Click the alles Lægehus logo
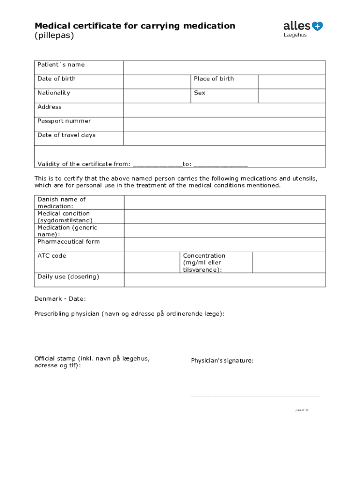pyautogui.click(x=302, y=29)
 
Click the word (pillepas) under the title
pyautogui.click(x=54, y=36)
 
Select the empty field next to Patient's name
pyautogui.click(x=224, y=68)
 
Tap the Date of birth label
pyautogui.click(x=57, y=79)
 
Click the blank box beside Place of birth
pyautogui.click(x=292, y=82)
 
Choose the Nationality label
pyautogui.click(x=54, y=93)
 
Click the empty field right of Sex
pyautogui.click(x=292, y=96)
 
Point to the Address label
pyautogui.click(x=50, y=107)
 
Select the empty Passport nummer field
pyautogui.click(x=224, y=124)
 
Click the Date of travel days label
pyautogui.click(x=66, y=135)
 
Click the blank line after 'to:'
pyautogui.click(x=220, y=165)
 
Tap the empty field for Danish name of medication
pyautogui.click(x=224, y=203)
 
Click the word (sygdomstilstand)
pyautogui.click(x=65, y=220)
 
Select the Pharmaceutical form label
pyautogui.click(x=69, y=242)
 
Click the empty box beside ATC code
pyautogui.click(x=152, y=262)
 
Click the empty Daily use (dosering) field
pyautogui.click(x=224, y=280)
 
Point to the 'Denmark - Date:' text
pyautogui.click(x=60, y=299)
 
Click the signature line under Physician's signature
pyautogui.click(x=255, y=395)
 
